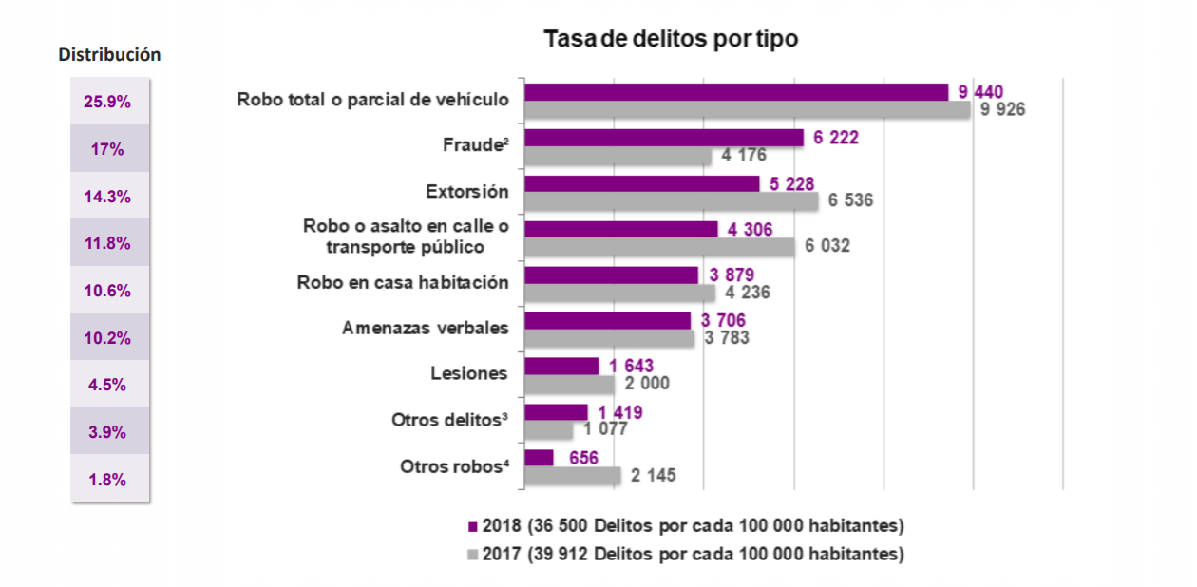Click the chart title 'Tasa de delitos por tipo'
point(670,39)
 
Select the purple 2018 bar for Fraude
point(664,138)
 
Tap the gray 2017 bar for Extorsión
point(671,201)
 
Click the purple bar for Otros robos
point(539,458)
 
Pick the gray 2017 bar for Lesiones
point(570,385)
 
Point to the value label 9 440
point(981,91)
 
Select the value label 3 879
point(731,275)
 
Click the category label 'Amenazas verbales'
point(426,328)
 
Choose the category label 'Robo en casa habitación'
point(403,282)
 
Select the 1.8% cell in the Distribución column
point(107,480)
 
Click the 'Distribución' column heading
point(109,55)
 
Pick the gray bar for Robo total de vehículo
point(748,110)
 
